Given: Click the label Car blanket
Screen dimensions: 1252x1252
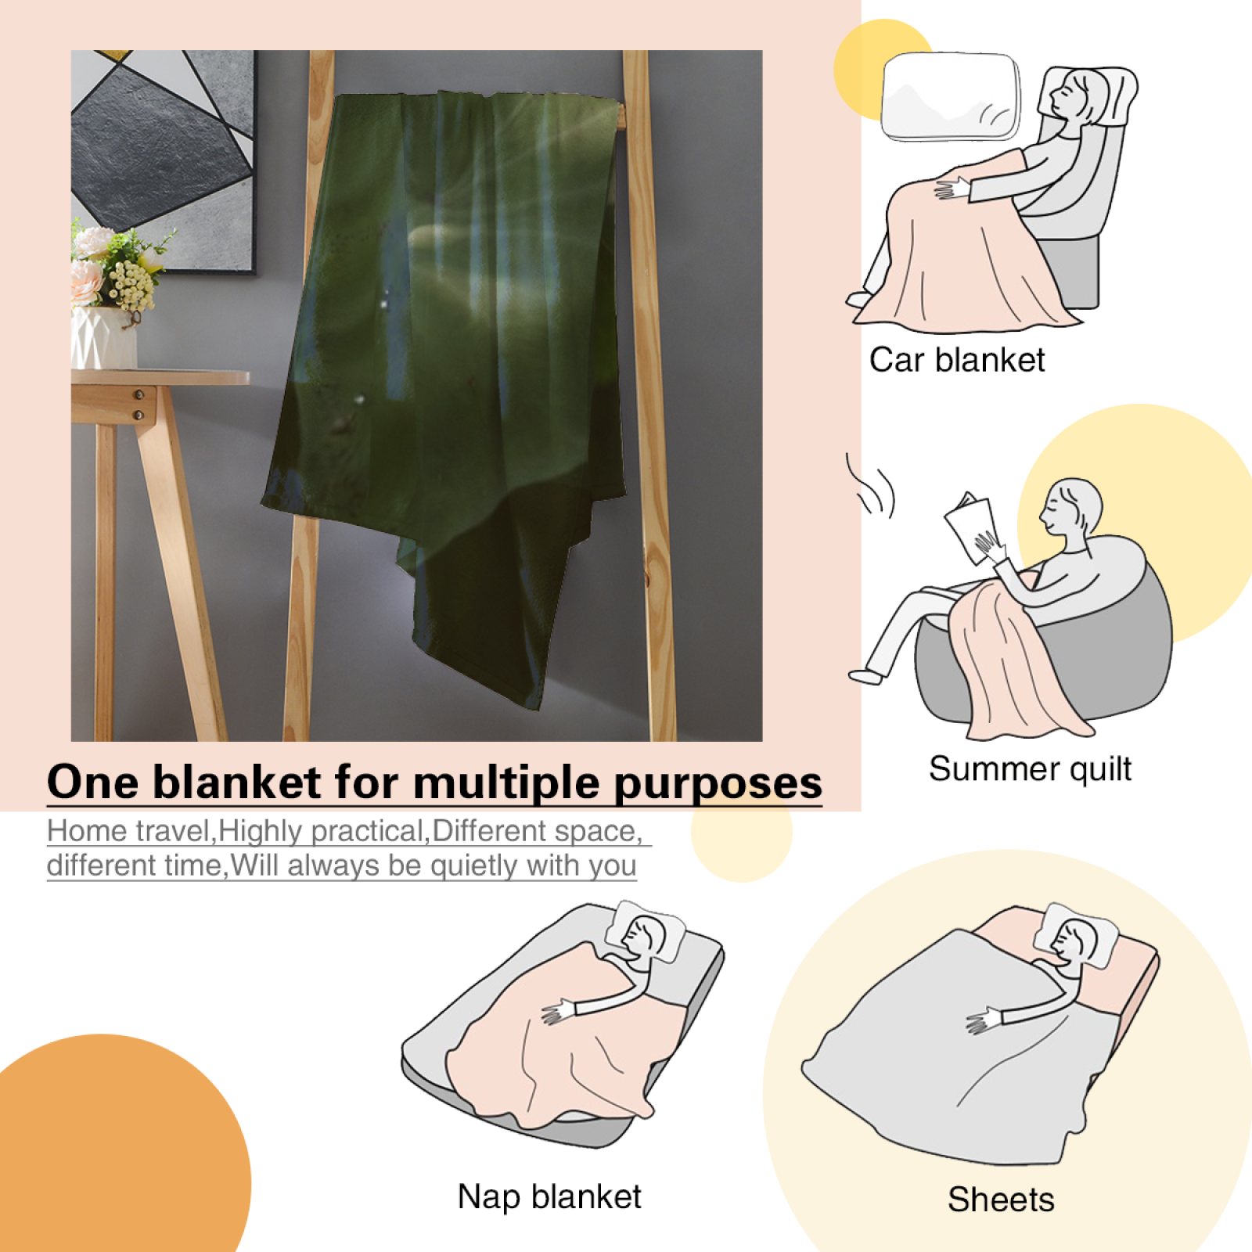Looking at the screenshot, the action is tap(957, 360).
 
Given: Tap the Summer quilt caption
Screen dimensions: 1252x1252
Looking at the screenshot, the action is tap(1030, 769).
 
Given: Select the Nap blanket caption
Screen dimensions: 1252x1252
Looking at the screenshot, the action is tap(549, 1196).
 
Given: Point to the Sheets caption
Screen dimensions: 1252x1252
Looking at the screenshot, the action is tap(1001, 1200).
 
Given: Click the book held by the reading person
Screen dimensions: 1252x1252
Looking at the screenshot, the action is tap(973, 527).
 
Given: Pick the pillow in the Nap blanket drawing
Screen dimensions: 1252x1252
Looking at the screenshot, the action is tap(647, 931).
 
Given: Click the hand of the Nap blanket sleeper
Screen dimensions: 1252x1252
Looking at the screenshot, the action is tap(557, 1012).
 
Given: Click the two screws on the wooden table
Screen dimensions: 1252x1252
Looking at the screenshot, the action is tap(139, 405).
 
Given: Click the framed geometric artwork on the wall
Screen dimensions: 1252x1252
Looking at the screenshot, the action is tap(164, 160).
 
